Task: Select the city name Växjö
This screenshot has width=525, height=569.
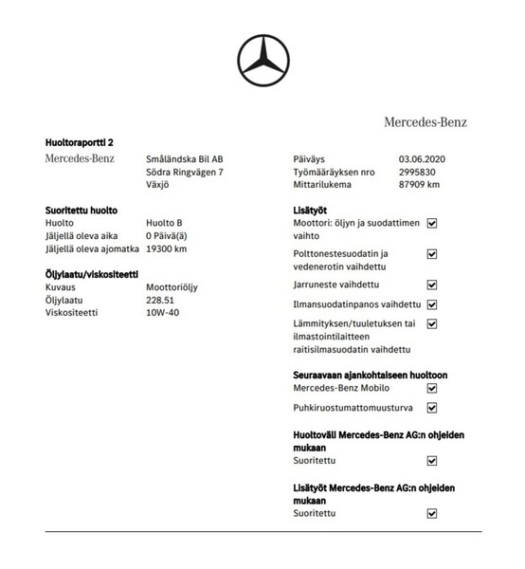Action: point(160,185)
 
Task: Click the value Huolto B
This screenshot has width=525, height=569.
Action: point(164,223)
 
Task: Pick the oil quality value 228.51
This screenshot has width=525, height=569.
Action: point(160,299)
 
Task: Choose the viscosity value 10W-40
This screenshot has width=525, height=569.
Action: point(162,312)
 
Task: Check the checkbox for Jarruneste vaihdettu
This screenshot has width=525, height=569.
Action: point(432,284)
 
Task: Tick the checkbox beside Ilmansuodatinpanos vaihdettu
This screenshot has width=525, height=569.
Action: point(432,304)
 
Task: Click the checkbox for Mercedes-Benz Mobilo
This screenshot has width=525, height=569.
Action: point(432,388)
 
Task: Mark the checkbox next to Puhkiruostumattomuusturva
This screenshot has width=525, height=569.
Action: point(432,408)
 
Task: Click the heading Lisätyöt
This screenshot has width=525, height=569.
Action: point(313,209)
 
